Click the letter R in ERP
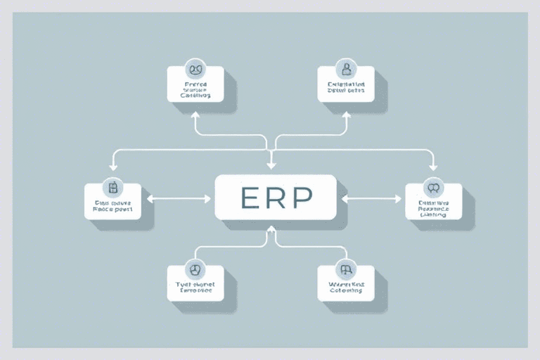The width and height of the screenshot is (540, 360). [x=274, y=199]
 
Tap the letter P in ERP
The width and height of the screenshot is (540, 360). [x=300, y=199]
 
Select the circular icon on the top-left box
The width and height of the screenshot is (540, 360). [x=195, y=70]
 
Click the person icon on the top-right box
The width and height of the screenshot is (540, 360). [x=345, y=69]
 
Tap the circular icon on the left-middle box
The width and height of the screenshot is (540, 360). [x=112, y=187]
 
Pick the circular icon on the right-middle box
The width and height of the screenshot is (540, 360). [x=433, y=187]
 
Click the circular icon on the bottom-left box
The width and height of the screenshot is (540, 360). [x=195, y=269]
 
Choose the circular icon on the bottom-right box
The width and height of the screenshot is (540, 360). [x=345, y=269]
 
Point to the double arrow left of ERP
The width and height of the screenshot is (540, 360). [x=179, y=199]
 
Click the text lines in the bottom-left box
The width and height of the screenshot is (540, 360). [x=195, y=286]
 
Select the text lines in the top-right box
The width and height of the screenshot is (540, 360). [x=345, y=87]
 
